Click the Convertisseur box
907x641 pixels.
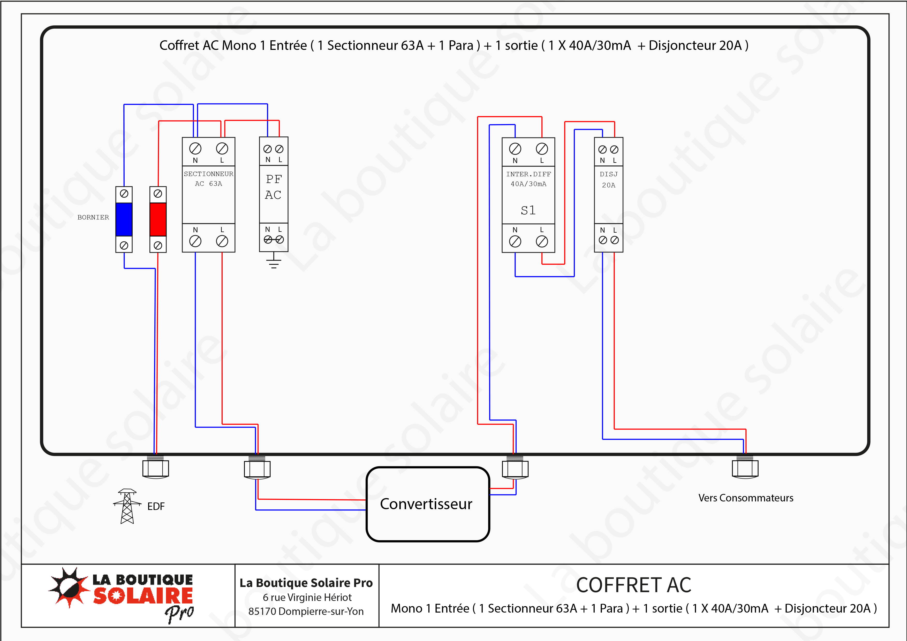(427, 504)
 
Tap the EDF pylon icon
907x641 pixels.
(127, 506)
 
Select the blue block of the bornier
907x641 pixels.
(124, 219)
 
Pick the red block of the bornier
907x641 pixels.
(158, 219)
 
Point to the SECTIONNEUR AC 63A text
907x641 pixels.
(209, 179)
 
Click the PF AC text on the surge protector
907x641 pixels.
(273, 187)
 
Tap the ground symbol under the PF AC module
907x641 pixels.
(273, 262)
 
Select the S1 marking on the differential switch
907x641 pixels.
(528, 210)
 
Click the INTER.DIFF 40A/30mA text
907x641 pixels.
(528, 179)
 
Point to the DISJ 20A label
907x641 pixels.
(608, 179)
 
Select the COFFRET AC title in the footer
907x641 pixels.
(634, 585)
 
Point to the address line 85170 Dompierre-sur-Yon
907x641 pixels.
(306, 611)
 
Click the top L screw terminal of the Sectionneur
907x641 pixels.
(222, 149)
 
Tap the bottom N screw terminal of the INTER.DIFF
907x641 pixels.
(515, 241)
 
